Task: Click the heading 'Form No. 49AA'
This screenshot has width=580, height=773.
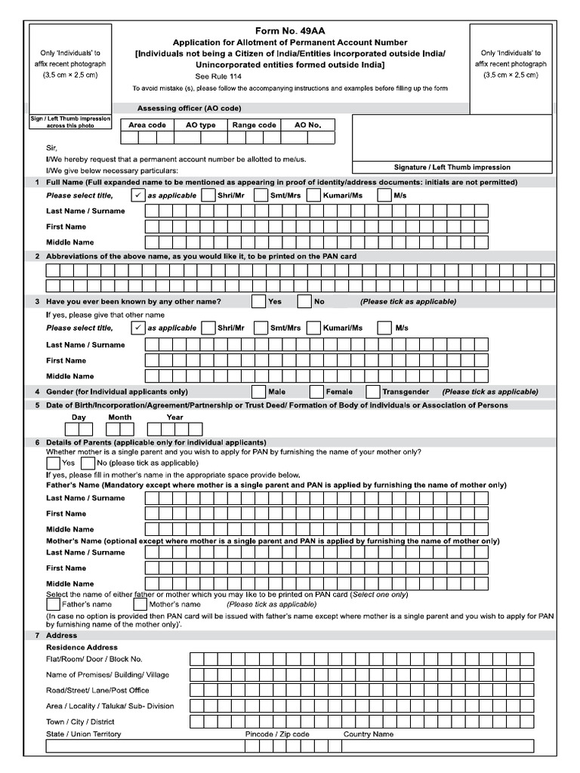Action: [290, 30]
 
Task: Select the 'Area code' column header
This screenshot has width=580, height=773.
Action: [147, 125]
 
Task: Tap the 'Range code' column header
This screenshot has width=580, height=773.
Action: [254, 125]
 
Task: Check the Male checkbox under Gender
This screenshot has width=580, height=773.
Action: [259, 392]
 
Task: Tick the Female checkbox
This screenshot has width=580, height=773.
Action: [316, 392]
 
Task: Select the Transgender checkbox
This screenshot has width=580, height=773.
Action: [372, 392]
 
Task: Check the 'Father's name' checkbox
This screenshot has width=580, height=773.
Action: [54, 604]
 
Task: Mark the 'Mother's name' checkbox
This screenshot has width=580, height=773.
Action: [140, 604]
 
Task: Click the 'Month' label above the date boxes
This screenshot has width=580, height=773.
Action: [119, 417]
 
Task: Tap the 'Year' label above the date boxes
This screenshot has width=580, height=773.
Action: [174, 417]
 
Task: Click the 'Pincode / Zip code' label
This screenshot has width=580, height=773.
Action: [277, 734]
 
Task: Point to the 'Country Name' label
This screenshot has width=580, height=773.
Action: [369, 734]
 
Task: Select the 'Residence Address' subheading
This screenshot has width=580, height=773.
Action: [82, 647]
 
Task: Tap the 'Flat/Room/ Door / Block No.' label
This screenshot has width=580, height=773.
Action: [94, 659]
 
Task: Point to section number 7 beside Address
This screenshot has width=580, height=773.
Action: [36, 636]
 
